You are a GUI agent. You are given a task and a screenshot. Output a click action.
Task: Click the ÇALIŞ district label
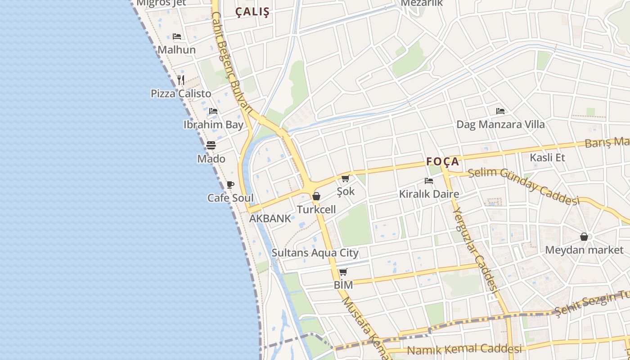(x=252, y=12)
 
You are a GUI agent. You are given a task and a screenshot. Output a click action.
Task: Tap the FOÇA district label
(x=443, y=162)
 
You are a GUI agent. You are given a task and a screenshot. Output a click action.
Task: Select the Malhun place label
(x=176, y=50)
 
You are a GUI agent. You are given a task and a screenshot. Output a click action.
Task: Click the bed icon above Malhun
(x=177, y=36)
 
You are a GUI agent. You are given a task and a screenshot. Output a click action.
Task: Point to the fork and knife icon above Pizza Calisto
(x=181, y=80)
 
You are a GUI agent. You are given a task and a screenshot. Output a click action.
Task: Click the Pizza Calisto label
(x=181, y=94)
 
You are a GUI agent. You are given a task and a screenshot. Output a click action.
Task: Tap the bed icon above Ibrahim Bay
(x=213, y=111)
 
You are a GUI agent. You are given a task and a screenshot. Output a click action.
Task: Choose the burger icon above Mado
(x=211, y=145)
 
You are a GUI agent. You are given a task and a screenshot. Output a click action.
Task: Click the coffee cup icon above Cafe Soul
(x=230, y=184)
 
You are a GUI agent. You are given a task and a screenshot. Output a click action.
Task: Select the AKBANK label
(x=270, y=219)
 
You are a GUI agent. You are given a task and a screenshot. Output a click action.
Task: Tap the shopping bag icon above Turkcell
(x=316, y=196)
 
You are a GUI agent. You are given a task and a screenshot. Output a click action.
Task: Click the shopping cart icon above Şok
(x=346, y=179)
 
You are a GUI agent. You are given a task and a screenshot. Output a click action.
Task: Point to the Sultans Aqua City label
(x=315, y=253)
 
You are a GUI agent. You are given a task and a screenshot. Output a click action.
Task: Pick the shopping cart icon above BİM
(x=343, y=272)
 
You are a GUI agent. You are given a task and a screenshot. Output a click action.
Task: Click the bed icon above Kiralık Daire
(x=429, y=181)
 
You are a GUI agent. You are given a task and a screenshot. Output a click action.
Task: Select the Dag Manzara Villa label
(x=500, y=125)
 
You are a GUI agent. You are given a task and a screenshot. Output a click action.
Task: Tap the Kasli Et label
(x=547, y=157)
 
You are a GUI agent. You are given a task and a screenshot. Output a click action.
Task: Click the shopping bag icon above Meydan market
(x=584, y=237)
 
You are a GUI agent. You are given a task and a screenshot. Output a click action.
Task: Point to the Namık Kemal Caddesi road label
(x=464, y=349)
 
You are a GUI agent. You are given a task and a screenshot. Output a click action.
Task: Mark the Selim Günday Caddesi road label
(x=523, y=185)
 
